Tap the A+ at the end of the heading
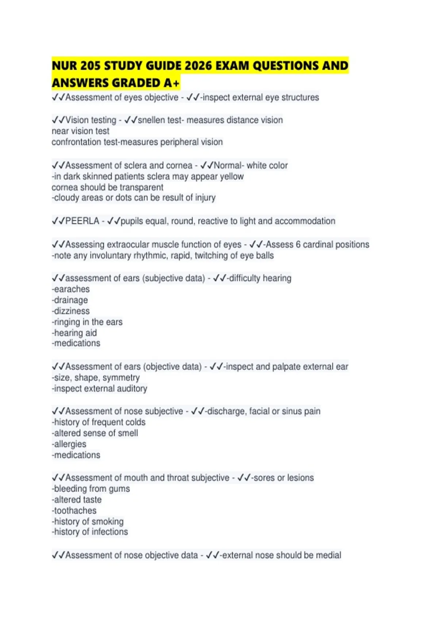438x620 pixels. [172, 83]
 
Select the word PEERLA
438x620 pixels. [82, 221]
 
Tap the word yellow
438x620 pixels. [229, 177]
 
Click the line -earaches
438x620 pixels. [71, 289]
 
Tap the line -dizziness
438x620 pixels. [71, 311]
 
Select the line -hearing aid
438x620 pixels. [74, 333]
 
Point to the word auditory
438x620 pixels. [132, 388]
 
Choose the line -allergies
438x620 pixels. [69, 444]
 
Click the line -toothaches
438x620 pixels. [74, 511]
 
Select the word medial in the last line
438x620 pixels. [328, 555]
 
